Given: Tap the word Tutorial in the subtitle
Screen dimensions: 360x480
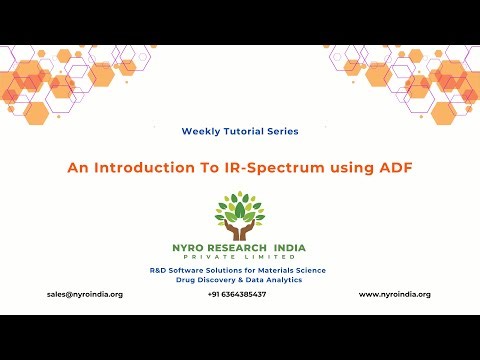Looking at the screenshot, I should click(243, 131).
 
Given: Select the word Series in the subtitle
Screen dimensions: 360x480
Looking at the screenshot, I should click(282, 131).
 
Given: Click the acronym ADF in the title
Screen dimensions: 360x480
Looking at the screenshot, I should click(392, 169).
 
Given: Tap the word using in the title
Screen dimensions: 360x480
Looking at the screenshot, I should click(349, 169).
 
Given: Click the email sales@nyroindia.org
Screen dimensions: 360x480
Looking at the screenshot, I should click(84, 294).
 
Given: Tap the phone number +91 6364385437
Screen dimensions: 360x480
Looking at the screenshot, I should click(237, 294).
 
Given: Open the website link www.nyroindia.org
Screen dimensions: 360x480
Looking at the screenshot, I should click(394, 294).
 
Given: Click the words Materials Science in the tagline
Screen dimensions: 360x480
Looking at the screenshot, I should click(288, 270).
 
